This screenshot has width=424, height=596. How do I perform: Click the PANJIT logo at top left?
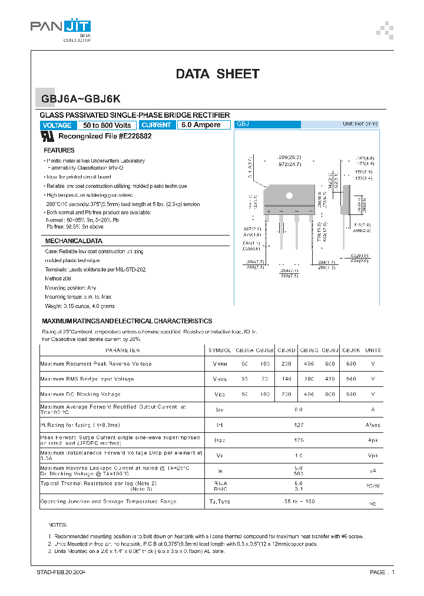pos(61,27)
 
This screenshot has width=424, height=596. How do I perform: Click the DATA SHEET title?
pos(217,74)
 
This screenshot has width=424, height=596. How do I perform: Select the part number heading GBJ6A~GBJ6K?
pos(81,100)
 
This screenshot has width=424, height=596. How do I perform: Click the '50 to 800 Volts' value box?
pos(107,125)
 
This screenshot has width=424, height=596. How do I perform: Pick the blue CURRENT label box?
pos(157,125)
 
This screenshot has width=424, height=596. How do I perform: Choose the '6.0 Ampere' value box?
pos(201,125)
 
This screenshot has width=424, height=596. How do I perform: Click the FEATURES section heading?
pos(59,151)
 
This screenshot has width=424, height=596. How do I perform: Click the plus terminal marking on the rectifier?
pos(269,211)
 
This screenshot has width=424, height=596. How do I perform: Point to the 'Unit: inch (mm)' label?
pos(360,124)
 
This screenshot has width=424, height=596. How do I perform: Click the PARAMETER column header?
pos(122,350)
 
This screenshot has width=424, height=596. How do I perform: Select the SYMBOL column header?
pos(220,350)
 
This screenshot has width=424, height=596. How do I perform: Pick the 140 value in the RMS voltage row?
pos(287,379)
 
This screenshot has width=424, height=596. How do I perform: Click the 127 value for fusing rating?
pos(299,425)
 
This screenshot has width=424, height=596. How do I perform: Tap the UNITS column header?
pos(373,350)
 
